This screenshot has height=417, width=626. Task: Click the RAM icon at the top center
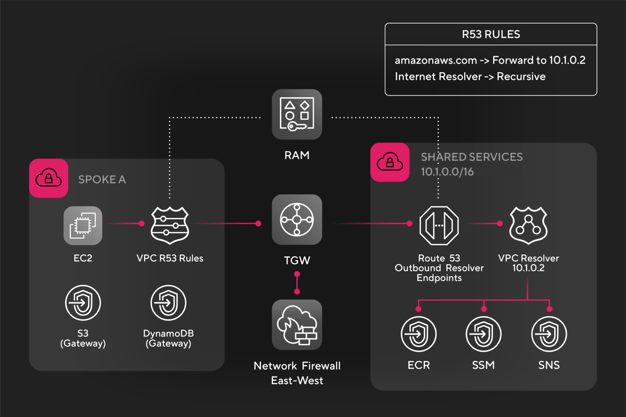pyautogui.click(x=297, y=114)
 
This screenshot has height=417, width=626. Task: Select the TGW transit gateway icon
pyautogui.click(x=297, y=219)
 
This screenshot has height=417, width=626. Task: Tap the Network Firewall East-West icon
pyautogui.click(x=297, y=325)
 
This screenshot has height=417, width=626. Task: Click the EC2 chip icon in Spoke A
pyautogui.click(x=83, y=225)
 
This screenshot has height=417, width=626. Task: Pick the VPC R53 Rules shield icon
pyautogui.click(x=170, y=225)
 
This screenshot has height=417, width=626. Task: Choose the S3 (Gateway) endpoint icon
pyautogui.click(x=83, y=303)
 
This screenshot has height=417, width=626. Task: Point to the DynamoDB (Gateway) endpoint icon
pyautogui.click(x=168, y=303)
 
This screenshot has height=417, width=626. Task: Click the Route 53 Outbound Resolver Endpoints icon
pyautogui.click(x=439, y=225)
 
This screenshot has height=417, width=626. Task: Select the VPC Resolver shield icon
pyautogui.click(x=528, y=225)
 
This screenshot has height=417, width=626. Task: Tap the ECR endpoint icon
pyautogui.click(x=419, y=334)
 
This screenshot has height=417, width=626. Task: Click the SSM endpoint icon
pyautogui.click(x=483, y=334)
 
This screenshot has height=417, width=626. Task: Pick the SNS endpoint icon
pyautogui.click(x=549, y=334)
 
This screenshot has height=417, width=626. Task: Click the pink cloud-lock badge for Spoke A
pyautogui.click(x=48, y=178)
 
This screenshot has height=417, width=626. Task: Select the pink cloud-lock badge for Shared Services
pyautogui.click(x=390, y=162)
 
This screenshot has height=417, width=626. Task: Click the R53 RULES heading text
pyautogui.click(x=491, y=35)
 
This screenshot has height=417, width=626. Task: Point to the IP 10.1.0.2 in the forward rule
pyautogui.click(x=567, y=60)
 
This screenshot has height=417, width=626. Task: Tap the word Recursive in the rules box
pyautogui.click(x=521, y=77)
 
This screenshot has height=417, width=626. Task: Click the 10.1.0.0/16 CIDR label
pyautogui.click(x=447, y=172)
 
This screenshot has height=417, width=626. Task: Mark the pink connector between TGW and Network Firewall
pyautogui.click(x=297, y=283)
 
